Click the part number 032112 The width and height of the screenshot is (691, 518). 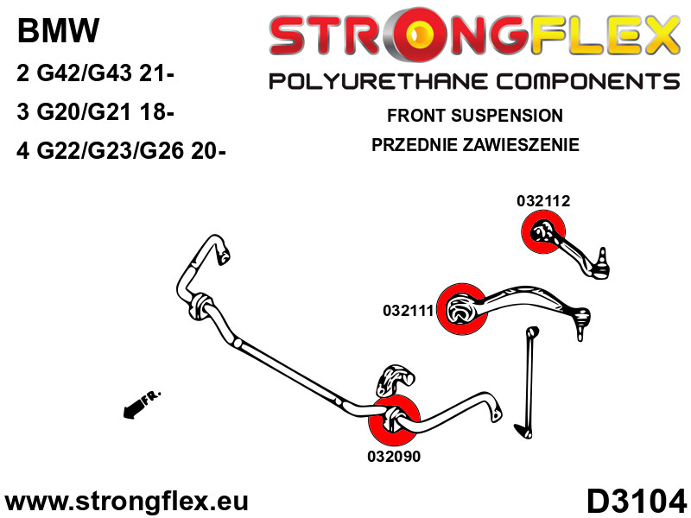[x=543, y=201]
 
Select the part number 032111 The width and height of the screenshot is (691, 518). [x=409, y=311]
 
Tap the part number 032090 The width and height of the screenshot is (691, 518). [x=394, y=457]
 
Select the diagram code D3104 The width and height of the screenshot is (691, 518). [x=637, y=502]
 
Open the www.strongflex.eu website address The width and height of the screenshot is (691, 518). [x=126, y=502]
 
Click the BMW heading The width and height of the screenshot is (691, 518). [x=58, y=31]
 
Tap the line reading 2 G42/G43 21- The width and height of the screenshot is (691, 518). [x=95, y=73]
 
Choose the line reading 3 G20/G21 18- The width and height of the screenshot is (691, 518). [x=95, y=111]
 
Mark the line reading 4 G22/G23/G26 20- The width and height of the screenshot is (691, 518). [x=121, y=151]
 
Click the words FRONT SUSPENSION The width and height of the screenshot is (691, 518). [x=474, y=116]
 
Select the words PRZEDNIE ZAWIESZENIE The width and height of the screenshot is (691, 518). [x=475, y=144]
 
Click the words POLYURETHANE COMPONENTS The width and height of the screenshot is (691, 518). [x=474, y=81]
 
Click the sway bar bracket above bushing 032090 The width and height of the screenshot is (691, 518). [x=396, y=379]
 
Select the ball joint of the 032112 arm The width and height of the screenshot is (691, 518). [x=600, y=267]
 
